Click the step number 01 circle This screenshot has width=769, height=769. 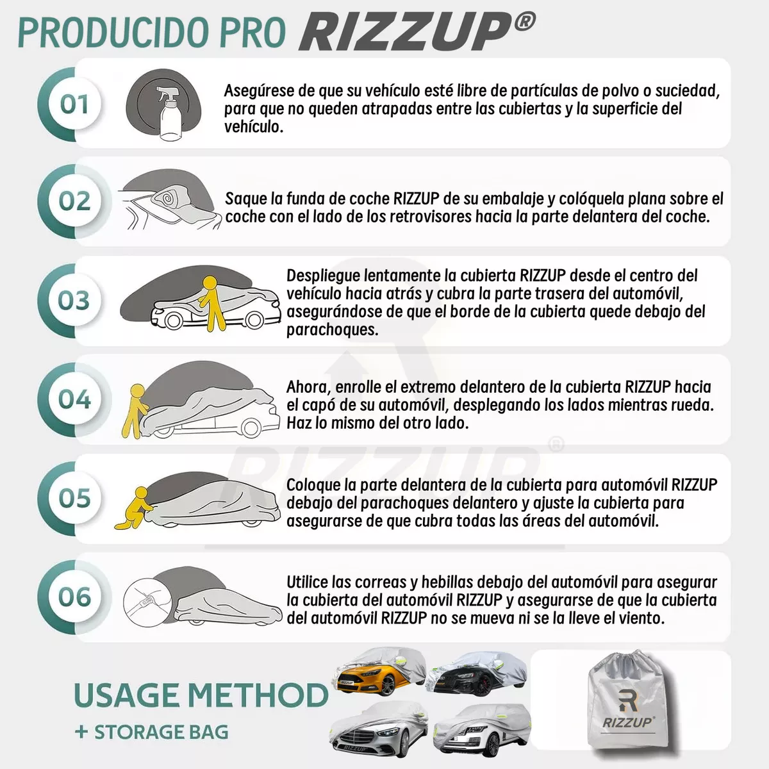[74, 104]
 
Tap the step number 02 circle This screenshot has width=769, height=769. [74, 201]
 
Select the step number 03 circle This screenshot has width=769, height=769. [74, 301]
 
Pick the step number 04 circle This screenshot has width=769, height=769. [74, 399]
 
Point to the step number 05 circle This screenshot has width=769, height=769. [74, 498]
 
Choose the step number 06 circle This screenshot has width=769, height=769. [74, 597]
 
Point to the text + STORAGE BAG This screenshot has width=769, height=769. [152, 732]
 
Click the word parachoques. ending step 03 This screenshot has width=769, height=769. [332, 329]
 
